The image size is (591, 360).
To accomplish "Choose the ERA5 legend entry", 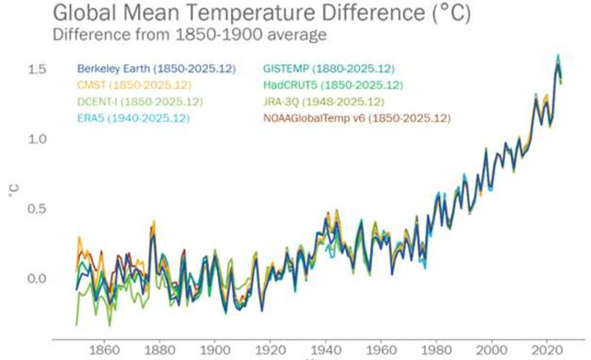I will (127, 117).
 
